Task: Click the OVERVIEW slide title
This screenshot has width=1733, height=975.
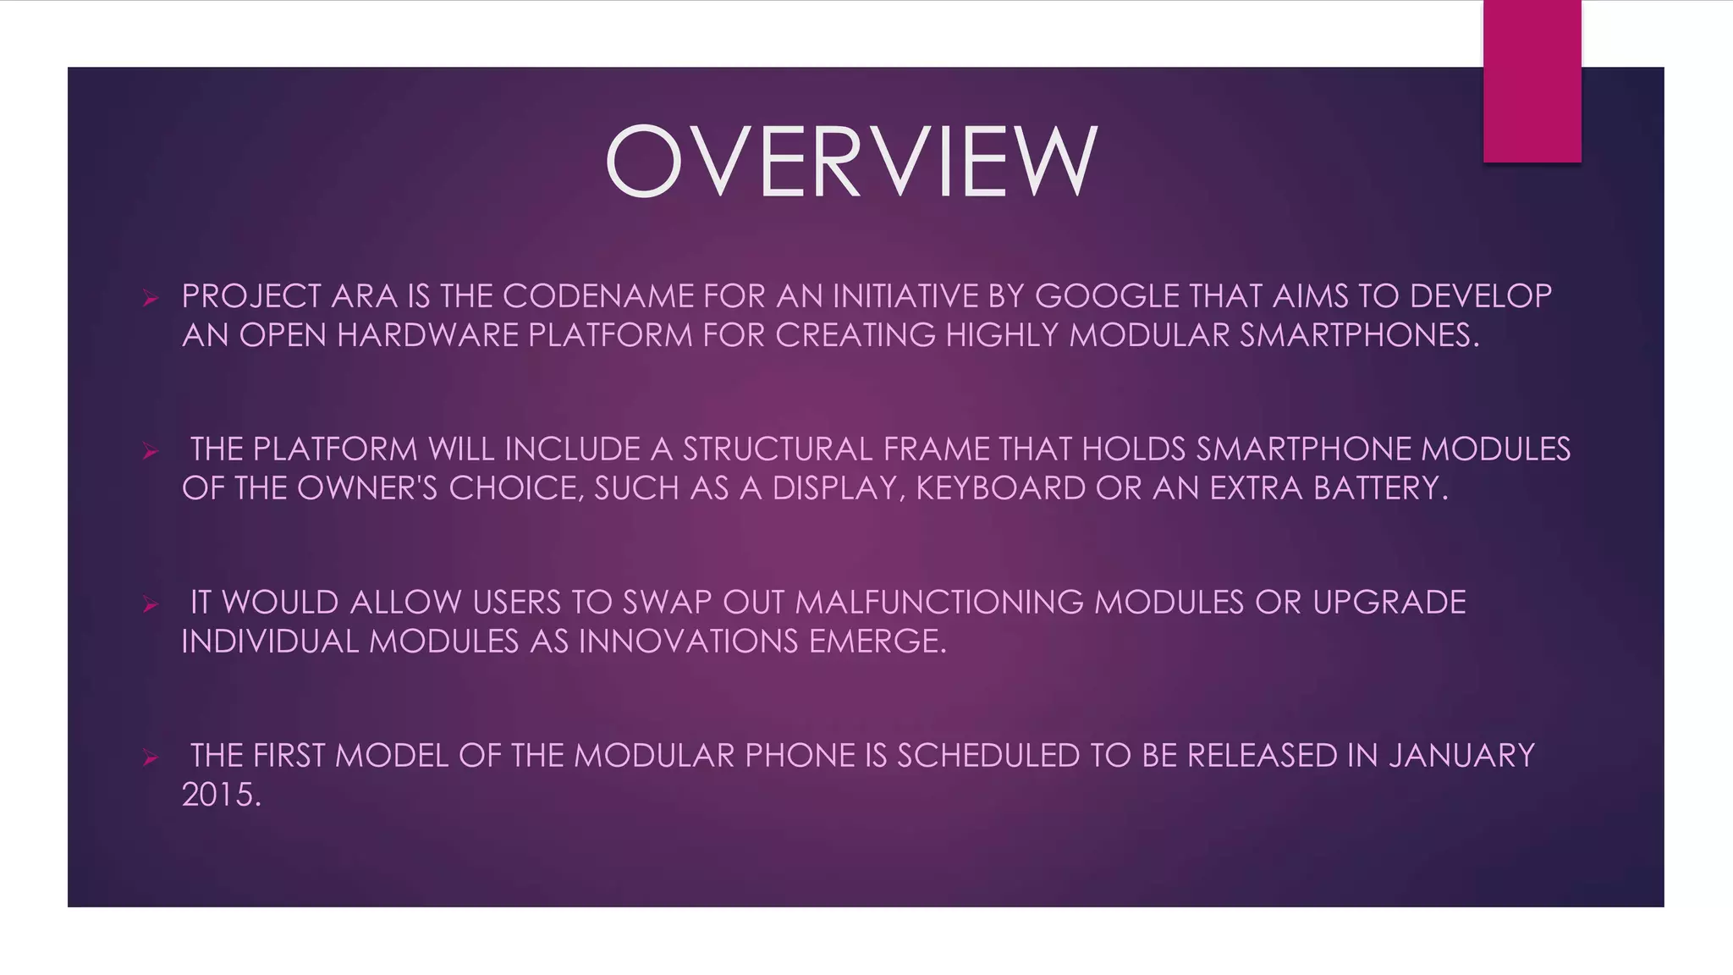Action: tap(851, 161)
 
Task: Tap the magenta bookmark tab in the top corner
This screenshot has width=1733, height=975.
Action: tap(1532, 81)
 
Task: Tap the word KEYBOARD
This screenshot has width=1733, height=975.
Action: tap(1000, 488)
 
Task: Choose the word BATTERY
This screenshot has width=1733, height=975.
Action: tap(1380, 488)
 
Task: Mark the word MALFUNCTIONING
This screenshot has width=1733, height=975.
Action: tap(939, 603)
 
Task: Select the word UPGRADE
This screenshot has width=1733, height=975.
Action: tap(1389, 603)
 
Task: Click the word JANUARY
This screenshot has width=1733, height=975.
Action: tap(1461, 756)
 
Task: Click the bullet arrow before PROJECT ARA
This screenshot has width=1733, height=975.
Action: tap(151, 298)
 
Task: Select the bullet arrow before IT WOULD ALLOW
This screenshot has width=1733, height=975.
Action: tap(151, 604)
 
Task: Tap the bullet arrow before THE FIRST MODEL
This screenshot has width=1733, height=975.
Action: tap(151, 757)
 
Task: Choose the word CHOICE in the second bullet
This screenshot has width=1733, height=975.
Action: tap(515, 488)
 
